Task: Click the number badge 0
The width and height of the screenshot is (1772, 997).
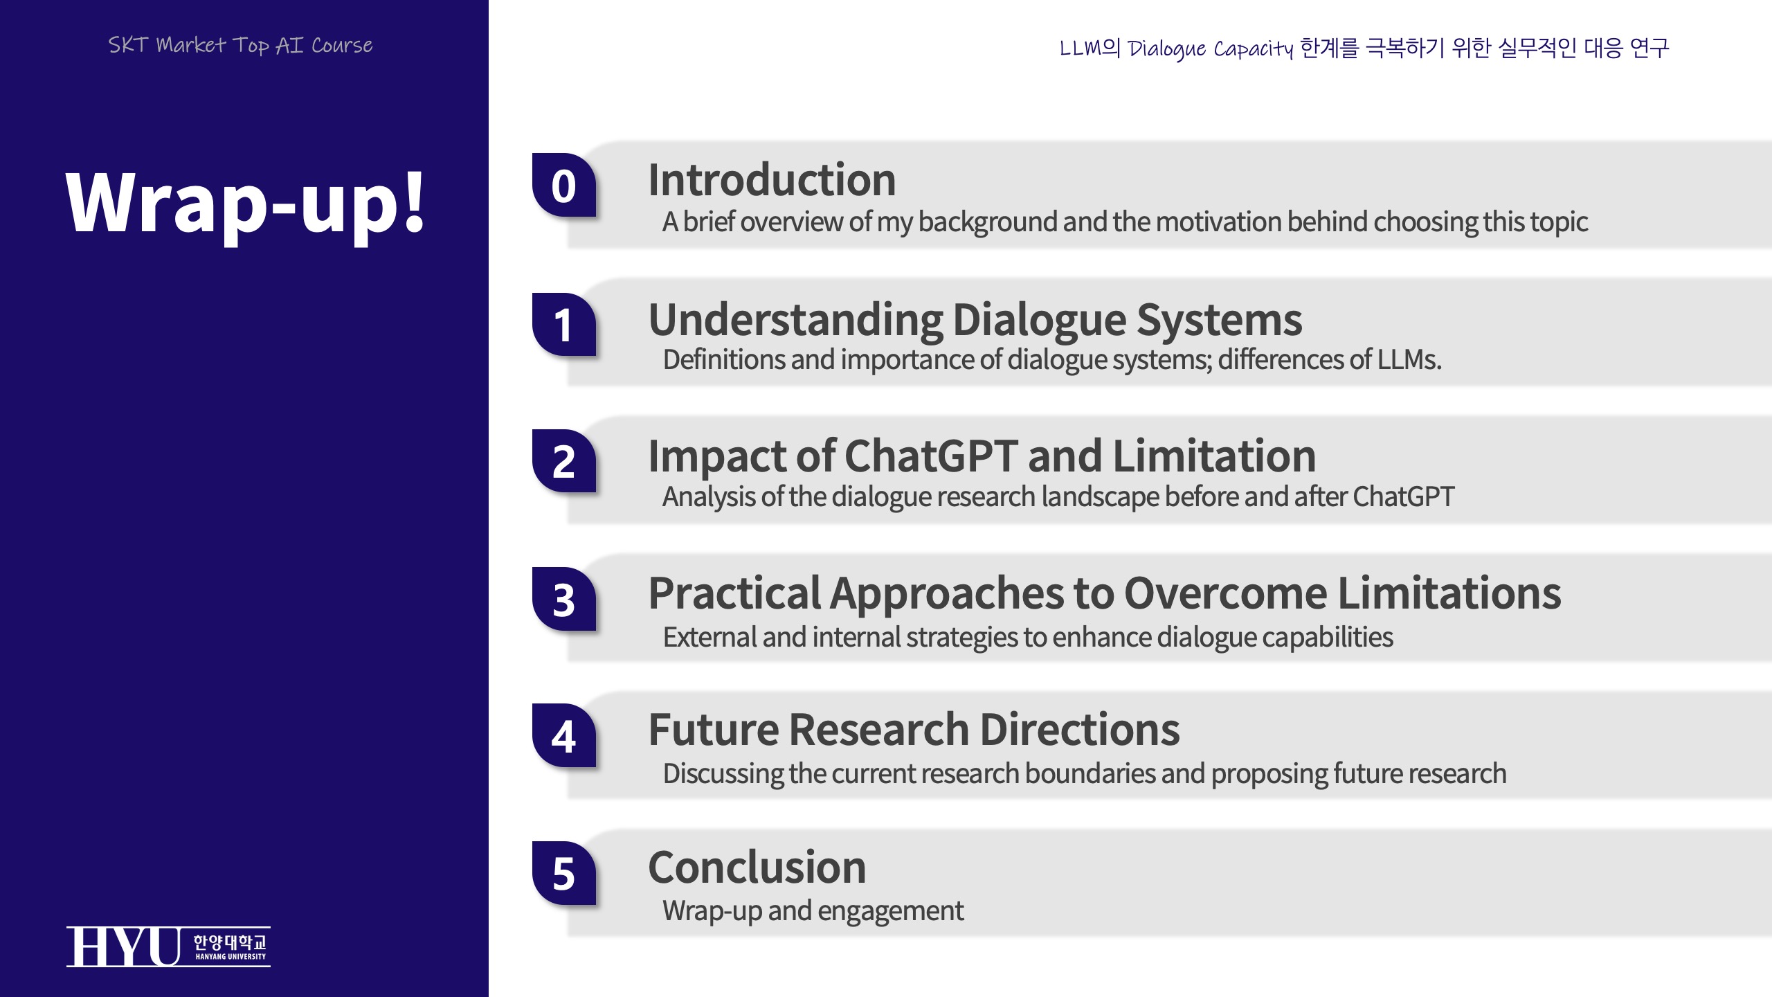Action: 563,185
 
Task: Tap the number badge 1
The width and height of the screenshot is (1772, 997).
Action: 563,324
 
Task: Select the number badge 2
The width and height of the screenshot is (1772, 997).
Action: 563,461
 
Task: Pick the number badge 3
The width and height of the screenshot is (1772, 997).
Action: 563,599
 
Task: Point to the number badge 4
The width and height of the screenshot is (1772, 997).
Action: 563,735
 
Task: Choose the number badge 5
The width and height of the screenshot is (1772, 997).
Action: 563,873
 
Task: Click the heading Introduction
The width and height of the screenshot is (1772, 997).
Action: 772,180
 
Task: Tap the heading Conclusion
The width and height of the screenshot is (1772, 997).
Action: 757,867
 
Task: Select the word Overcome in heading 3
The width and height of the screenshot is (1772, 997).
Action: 1225,593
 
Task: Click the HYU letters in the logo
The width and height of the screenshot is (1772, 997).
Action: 124,946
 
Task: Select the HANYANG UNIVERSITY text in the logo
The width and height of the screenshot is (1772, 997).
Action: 230,957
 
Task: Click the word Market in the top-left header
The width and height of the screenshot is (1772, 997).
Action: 191,45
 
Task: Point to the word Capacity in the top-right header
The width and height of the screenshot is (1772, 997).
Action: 1253,49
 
